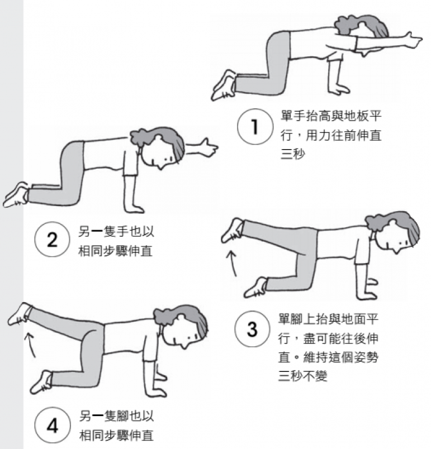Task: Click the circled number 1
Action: coord(255,126)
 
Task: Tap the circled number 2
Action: coord(52,240)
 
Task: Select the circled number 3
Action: coord(252,329)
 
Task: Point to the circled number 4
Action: coord(53,425)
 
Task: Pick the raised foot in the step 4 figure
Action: coord(20,313)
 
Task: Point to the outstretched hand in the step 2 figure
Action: coord(209,147)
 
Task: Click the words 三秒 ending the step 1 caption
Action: coord(293,154)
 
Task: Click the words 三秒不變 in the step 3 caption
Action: coord(302,376)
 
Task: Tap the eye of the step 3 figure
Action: coord(406,243)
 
